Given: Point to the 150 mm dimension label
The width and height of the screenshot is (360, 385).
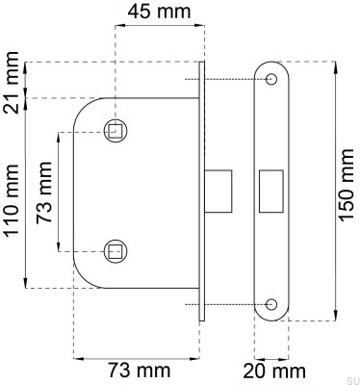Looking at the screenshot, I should [x=347, y=192].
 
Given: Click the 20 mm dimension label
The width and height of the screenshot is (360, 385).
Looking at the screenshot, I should [x=275, y=371].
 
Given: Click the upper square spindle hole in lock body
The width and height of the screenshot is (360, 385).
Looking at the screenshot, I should [x=116, y=130].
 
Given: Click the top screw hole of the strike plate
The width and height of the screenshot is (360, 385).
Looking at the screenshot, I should [x=272, y=77].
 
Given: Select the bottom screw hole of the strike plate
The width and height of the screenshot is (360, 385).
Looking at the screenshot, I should [x=272, y=307].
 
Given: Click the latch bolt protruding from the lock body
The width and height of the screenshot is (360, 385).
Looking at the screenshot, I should [x=218, y=190].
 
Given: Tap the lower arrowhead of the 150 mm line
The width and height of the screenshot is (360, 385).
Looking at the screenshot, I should [x=334, y=317].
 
